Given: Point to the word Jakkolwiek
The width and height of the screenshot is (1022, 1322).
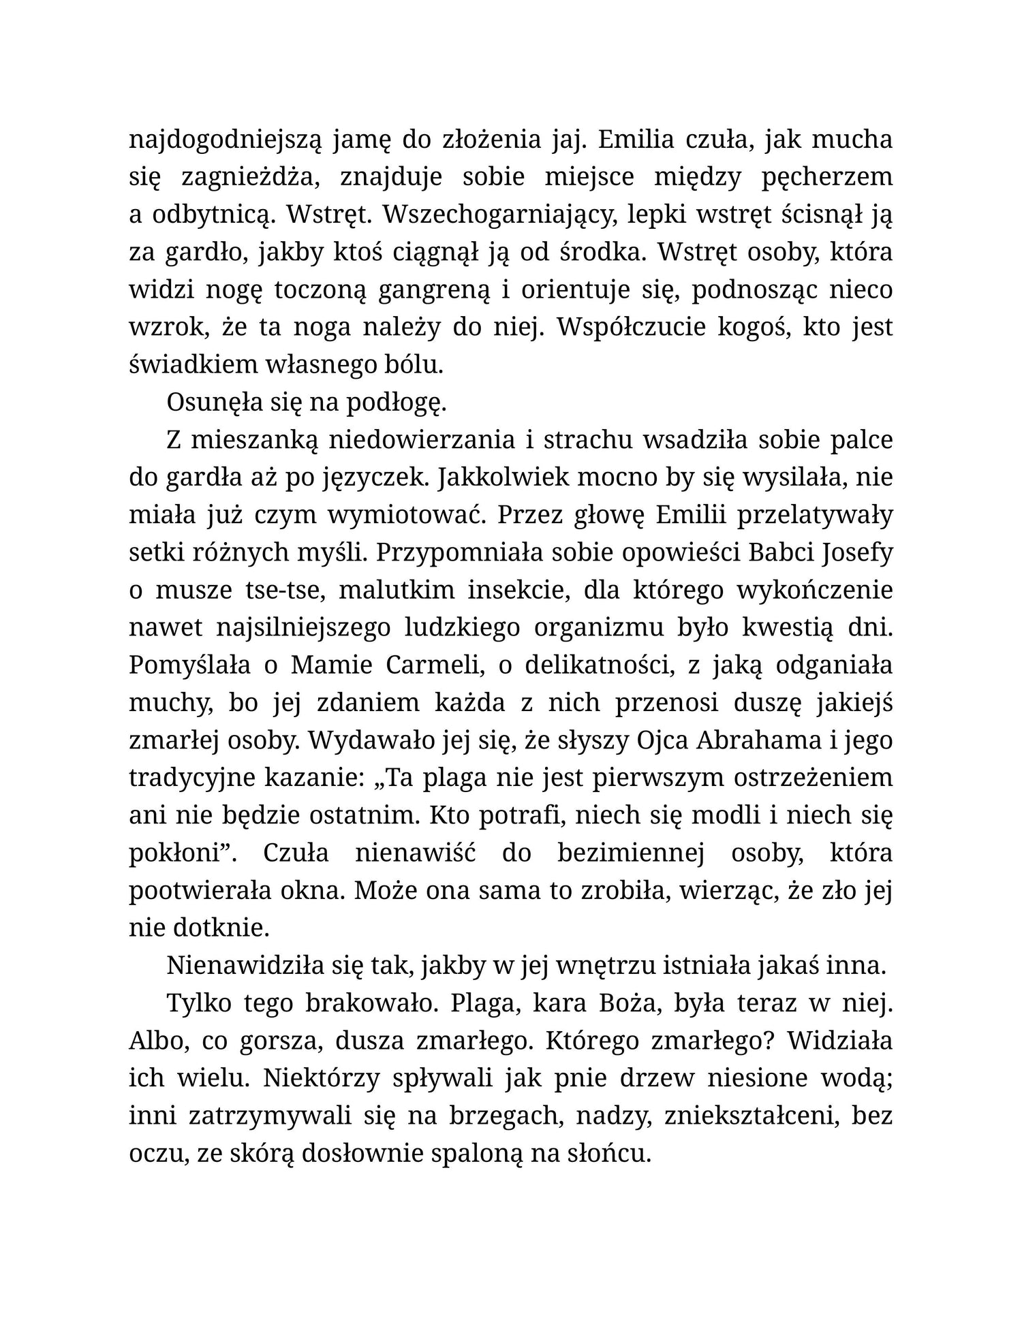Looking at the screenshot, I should (504, 477).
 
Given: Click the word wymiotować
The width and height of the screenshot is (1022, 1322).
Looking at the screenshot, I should (405, 515).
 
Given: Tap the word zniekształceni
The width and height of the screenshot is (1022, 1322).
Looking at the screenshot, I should (747, 1116).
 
